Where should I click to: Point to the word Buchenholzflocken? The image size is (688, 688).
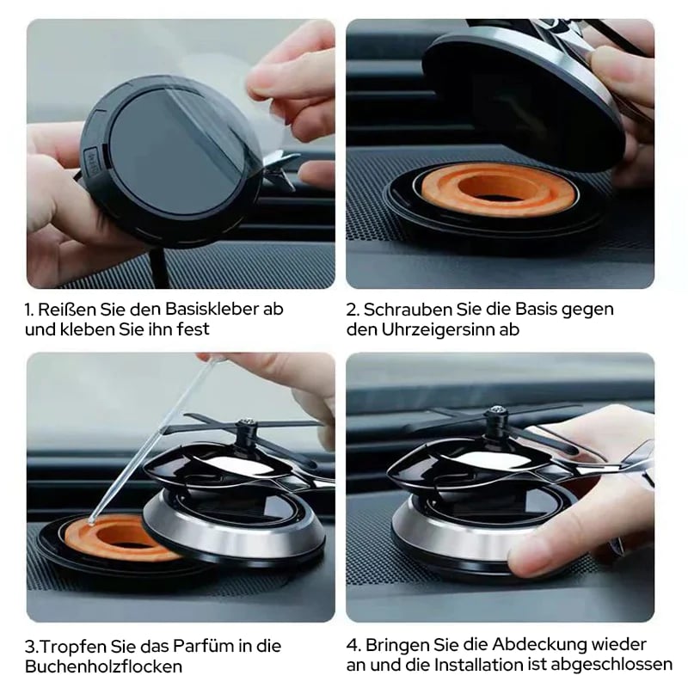pyautogui.click(x=104, y=666)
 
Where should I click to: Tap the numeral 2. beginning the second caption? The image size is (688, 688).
pyautogui.click(x=353, y=308)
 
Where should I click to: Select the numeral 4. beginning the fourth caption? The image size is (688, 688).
pyautogui.click(x=353, y=644)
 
